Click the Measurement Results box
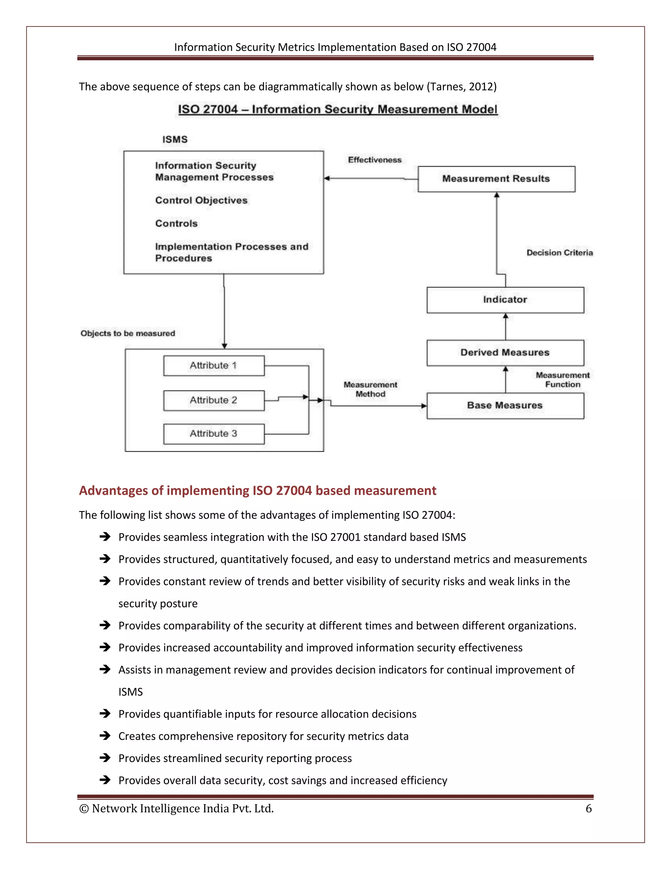tap(496, 179)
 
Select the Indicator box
tap(505, 300)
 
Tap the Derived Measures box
tap(505, 353)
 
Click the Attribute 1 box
tap(214, 366)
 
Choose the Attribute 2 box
tap(214, 400)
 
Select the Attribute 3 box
tap(214, 434)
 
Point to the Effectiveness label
tap(374, 160)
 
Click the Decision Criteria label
tap(559, 253)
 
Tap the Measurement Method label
tap(370, 390)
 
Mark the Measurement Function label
tap(562, 380)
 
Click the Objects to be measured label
tap(127, 333)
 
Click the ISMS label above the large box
tap(175, 140)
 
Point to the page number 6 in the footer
tap(588, 809)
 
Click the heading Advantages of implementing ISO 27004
tap(257, 491)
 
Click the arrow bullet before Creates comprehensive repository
tap(105, 736)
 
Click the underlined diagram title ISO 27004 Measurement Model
tap(337, 110)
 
